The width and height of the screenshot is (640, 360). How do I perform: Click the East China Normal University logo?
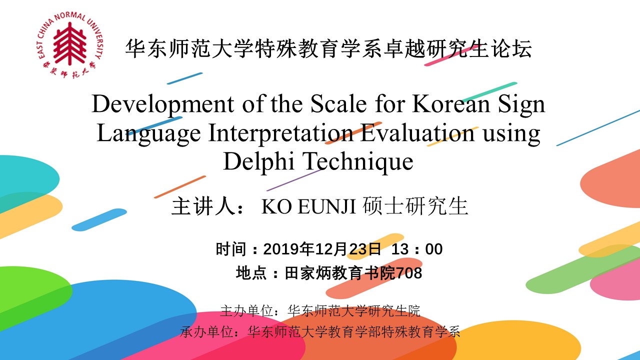(x=70, y=45)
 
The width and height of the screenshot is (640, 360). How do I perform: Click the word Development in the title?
(x=163, y=105)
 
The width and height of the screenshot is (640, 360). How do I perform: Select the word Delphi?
(x=258, y=161)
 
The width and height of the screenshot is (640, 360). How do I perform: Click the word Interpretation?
(x=280, y=133)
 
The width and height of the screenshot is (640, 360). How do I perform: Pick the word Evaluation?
(x=417, y=133)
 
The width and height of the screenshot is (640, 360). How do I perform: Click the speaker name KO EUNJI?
(x=308, y=206)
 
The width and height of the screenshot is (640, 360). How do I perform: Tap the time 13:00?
(x=417, y=249)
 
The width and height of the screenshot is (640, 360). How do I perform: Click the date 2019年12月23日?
(x=322, y=249)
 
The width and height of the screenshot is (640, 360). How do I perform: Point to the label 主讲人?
(x=203, y=206)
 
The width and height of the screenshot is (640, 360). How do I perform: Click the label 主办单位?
(x=247, y=311)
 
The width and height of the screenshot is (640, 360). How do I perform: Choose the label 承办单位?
(x=207, y=332)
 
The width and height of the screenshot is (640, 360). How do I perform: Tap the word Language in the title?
(x=149, y=133)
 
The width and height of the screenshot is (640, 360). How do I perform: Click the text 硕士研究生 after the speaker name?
(x=415, y=206)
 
